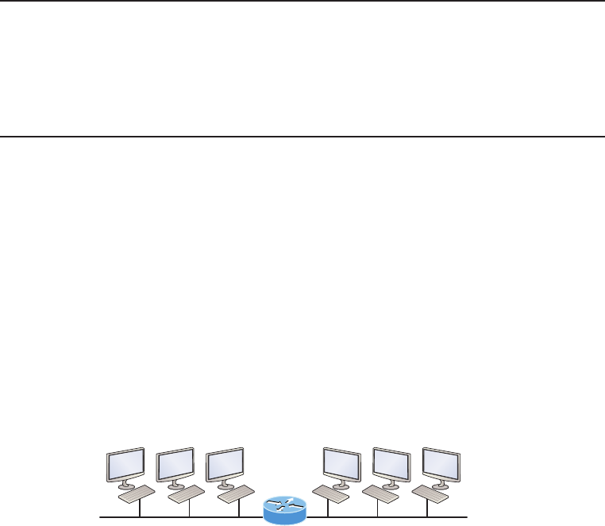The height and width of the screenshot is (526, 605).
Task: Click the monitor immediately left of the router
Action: pyautogui.click(x=224, y=465)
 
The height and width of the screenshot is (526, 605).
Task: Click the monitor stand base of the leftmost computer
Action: pyautogui.click(x=126, y=485)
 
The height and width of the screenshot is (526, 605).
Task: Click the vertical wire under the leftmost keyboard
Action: pyautogui.click(x=140, y=510)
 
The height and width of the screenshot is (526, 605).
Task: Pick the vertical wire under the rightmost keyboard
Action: pyautogui.click(x=427, y=510)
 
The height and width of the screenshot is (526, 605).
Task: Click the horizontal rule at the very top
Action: pyautogui.click(x=302, y=1)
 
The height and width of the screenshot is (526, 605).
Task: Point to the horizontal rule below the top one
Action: pyautogui.click(x=302, y=136)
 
